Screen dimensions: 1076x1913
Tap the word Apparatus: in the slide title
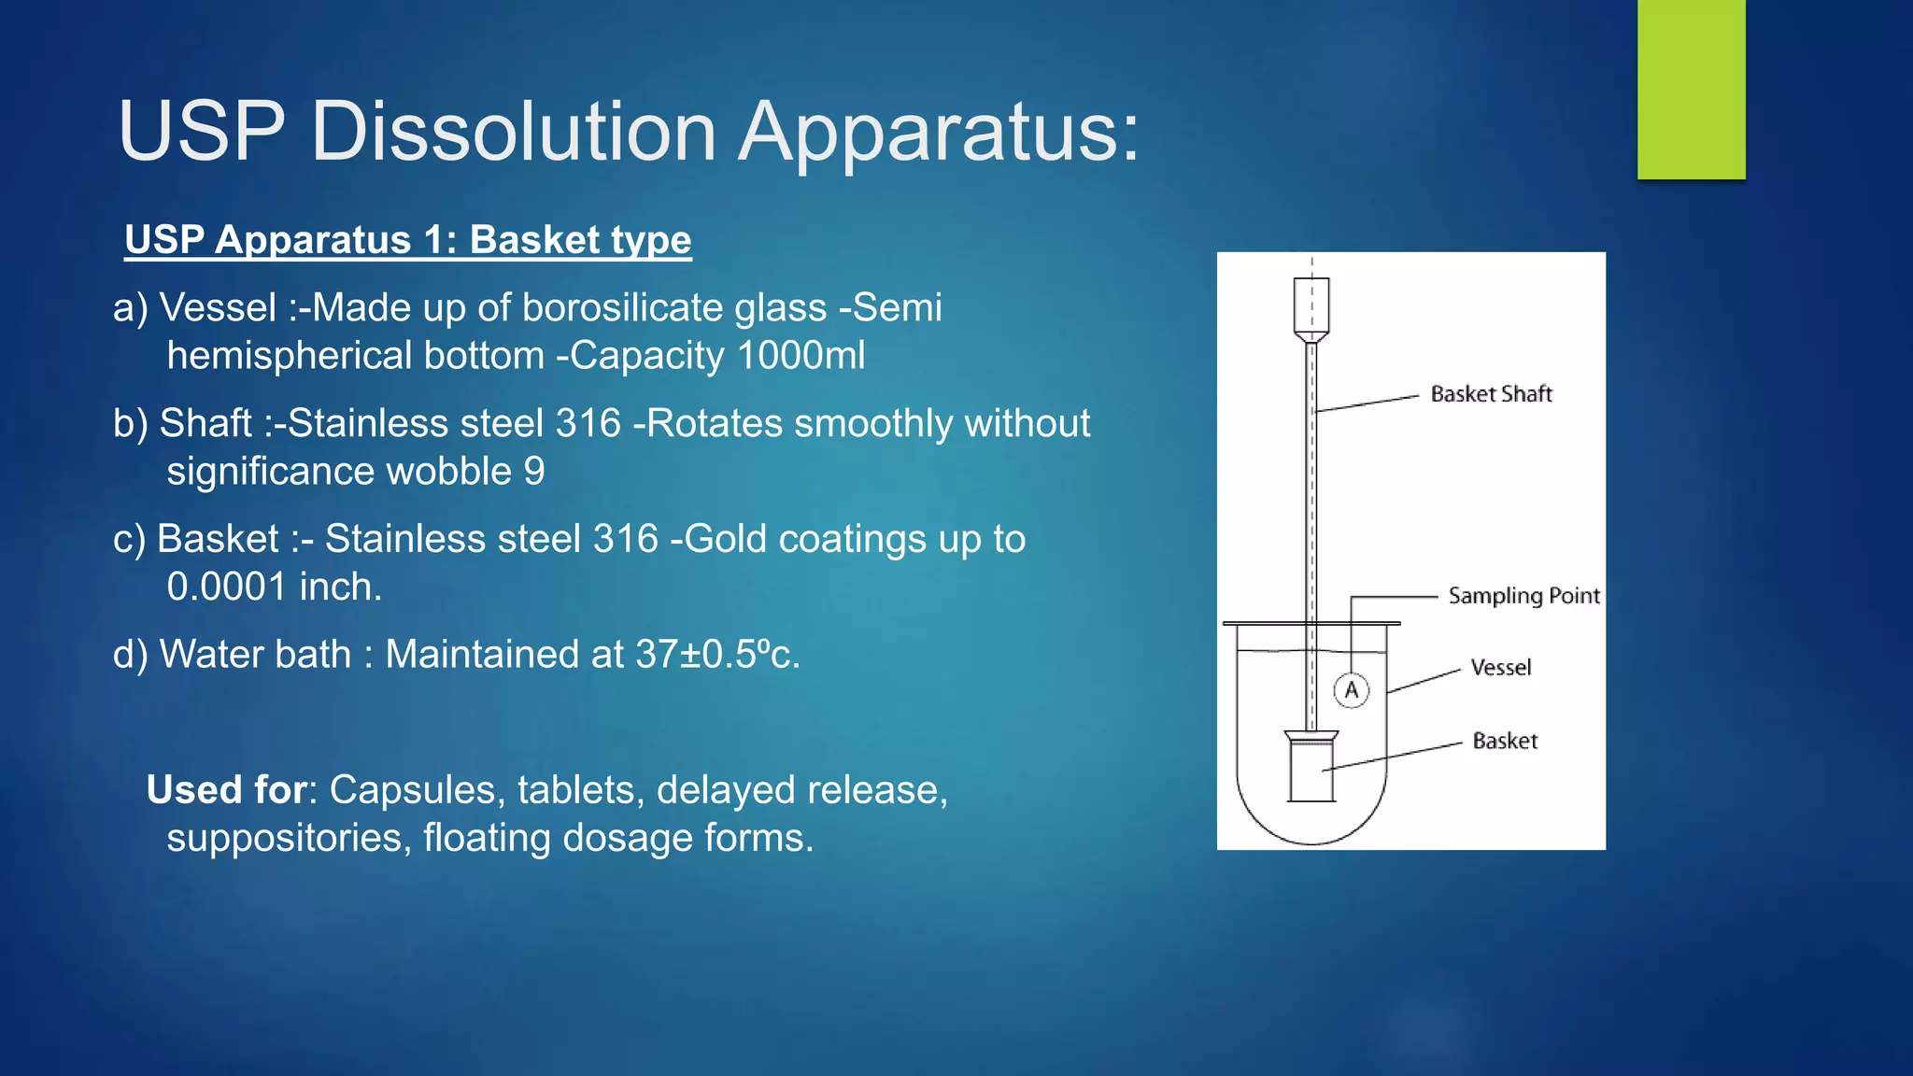pyautogui.click(x=939, y=133)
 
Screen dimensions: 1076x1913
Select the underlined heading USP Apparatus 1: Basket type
pyautogui.click(x=408, y=240)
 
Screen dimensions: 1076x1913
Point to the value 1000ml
pyautogui.click(x=801, y=356)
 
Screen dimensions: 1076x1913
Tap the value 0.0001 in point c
pyautogui.click(x=226, y=588)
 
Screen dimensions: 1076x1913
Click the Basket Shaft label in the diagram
pyautogui.click(x=1491, y=394)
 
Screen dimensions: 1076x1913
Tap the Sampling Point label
pyautogui.click(x=1523, y=596)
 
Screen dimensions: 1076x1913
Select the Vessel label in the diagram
pyautogui.click(x=1500, y=668)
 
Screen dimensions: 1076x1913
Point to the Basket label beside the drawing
pyautogui.click(x=1505, y=742)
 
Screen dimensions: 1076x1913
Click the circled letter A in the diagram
pyautogui.click(x=1351, y=691)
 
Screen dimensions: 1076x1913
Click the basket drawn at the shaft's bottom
pyautogui.click(x=1311, y=768)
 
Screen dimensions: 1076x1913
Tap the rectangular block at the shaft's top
pyautogui.click(x=1311, y=305)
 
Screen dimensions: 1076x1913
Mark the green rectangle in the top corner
pyautogui.click(x=1691, y=89)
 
